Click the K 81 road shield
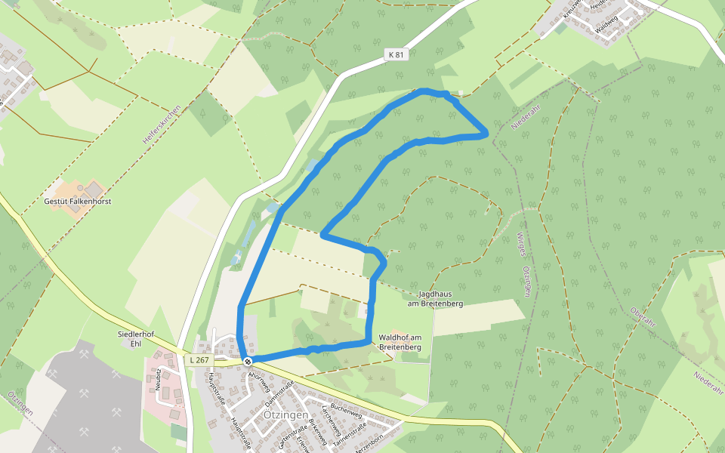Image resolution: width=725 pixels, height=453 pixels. coord(395,54)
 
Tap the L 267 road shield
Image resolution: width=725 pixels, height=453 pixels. coord(198,360)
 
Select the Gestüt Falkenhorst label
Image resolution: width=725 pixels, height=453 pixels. coord(78,202)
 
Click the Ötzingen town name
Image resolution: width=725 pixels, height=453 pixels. coord(285,415)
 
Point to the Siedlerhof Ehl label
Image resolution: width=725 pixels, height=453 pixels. coord(136,338)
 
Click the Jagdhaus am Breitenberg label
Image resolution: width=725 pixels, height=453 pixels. coord(440,298)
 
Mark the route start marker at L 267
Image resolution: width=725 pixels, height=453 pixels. coord(248,361)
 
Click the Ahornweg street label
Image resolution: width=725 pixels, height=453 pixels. coord(258,380)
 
